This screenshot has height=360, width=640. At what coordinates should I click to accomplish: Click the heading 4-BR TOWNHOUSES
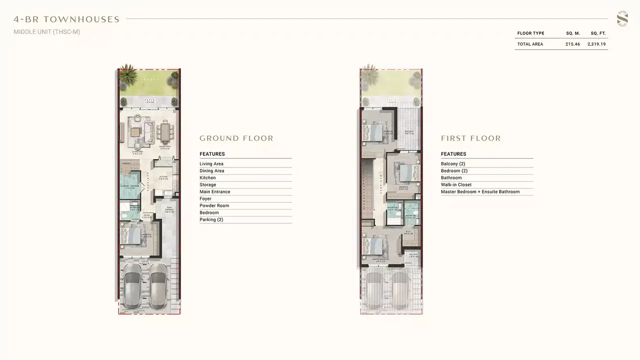66,19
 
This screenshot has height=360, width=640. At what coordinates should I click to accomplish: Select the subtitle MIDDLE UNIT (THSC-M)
46,32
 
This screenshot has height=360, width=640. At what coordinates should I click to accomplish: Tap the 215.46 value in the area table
572,44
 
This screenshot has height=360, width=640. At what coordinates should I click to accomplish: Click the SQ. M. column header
573,33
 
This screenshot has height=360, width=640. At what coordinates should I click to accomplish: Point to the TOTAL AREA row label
530,44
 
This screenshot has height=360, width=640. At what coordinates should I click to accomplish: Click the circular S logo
622,19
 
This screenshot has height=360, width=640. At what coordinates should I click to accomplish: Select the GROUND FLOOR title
236,138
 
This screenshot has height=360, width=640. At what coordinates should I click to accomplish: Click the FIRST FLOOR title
470,138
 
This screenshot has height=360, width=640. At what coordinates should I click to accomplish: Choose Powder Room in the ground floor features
214,205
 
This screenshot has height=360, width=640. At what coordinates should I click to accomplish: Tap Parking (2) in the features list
211,219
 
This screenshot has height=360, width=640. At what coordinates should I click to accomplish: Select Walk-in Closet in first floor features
456,184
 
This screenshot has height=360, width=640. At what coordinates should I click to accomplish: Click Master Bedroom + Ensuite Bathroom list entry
480,191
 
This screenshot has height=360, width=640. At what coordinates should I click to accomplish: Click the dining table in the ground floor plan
165,133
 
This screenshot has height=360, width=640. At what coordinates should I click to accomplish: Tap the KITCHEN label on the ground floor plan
163,176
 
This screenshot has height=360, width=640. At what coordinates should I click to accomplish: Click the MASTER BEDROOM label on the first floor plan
381,259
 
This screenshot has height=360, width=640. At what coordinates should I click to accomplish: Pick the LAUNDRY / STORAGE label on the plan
128,186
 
